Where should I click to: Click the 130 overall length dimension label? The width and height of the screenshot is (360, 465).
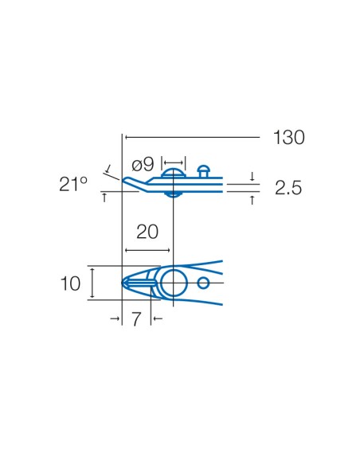(289, 138)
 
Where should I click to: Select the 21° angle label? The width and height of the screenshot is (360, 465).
(73, 184)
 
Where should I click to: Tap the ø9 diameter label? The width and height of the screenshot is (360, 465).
(143, 164)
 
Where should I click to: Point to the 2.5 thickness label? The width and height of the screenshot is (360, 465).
(288, 188)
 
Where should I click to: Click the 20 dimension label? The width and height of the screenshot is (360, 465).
(147, 232)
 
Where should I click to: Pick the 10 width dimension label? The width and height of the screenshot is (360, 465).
(70, 283)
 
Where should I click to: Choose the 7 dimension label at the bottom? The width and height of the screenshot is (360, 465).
(136, 319)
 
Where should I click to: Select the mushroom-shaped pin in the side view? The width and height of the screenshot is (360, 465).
(204, 171)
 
